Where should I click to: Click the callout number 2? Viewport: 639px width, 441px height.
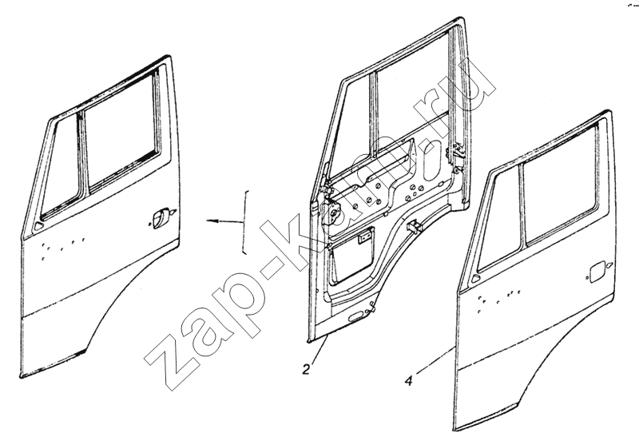(306, 369)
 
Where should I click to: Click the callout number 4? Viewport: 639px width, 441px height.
(409, 381)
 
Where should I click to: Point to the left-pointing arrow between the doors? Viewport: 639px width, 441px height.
(224, 221)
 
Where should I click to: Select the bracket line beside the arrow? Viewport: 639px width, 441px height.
(245, 222)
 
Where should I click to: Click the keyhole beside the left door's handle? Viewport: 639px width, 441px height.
(173, 212)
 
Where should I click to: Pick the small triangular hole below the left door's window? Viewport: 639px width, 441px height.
(38, 226)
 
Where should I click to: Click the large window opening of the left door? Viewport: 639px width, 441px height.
(122, 132)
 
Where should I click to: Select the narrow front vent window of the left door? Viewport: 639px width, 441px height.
(62, 167)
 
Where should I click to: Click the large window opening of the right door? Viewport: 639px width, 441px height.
(561, 186)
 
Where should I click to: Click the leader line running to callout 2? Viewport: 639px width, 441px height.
(319, 349)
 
